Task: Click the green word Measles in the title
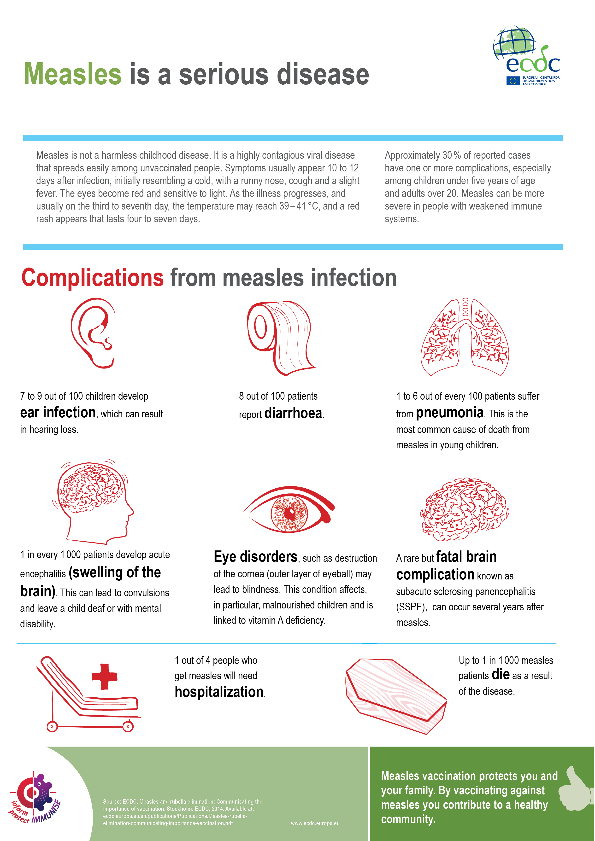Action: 72,74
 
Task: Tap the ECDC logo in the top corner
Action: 526,56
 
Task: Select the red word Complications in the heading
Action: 93,278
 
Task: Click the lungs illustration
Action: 465,337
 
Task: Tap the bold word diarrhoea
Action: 293,413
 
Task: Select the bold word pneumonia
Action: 449,413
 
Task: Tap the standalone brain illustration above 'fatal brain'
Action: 465,509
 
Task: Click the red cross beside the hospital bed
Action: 104,676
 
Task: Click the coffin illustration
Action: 397,695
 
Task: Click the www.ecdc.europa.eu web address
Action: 315,823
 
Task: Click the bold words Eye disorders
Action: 255,557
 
